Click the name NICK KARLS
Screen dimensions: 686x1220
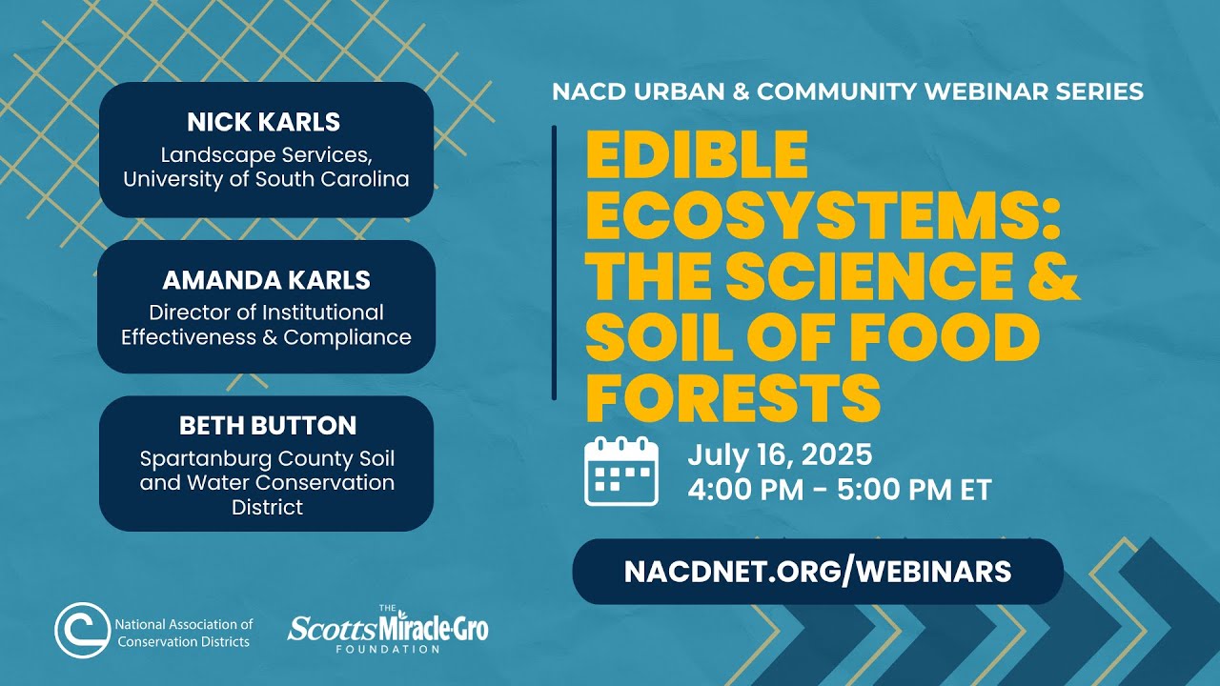click(264, 122)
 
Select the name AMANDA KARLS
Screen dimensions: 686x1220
click(266, 280)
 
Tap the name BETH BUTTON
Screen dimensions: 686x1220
click(267, 425)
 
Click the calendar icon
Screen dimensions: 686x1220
click(620, 471)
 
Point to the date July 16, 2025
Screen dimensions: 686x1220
click(780, 454)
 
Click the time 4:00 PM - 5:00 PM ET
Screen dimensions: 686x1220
click(839, 490)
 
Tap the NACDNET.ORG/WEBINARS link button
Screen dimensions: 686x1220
click(817, 571)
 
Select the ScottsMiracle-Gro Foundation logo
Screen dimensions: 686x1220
click(388, 628)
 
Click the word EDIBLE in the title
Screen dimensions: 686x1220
click(697, 155)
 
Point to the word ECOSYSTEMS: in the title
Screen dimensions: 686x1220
click(823, 216)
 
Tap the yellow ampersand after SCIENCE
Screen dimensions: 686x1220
click(1052, 276)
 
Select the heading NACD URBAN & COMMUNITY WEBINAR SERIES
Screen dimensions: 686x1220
click(847, 92)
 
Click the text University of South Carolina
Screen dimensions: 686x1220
click(266, 179)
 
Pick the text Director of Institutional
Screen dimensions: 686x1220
click(266, 313)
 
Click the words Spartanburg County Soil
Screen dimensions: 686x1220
click(266, 458)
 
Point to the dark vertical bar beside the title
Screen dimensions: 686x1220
click(554, 262)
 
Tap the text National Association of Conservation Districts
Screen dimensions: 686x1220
click(183, 633)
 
